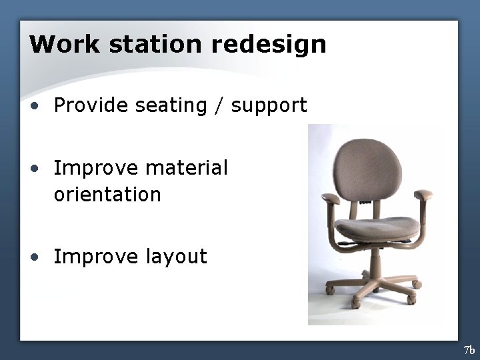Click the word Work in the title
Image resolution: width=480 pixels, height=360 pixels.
tap(63, 44)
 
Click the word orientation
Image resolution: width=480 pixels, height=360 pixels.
tap(107, 195)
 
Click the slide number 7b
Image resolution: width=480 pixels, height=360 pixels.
tap(469, 350)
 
